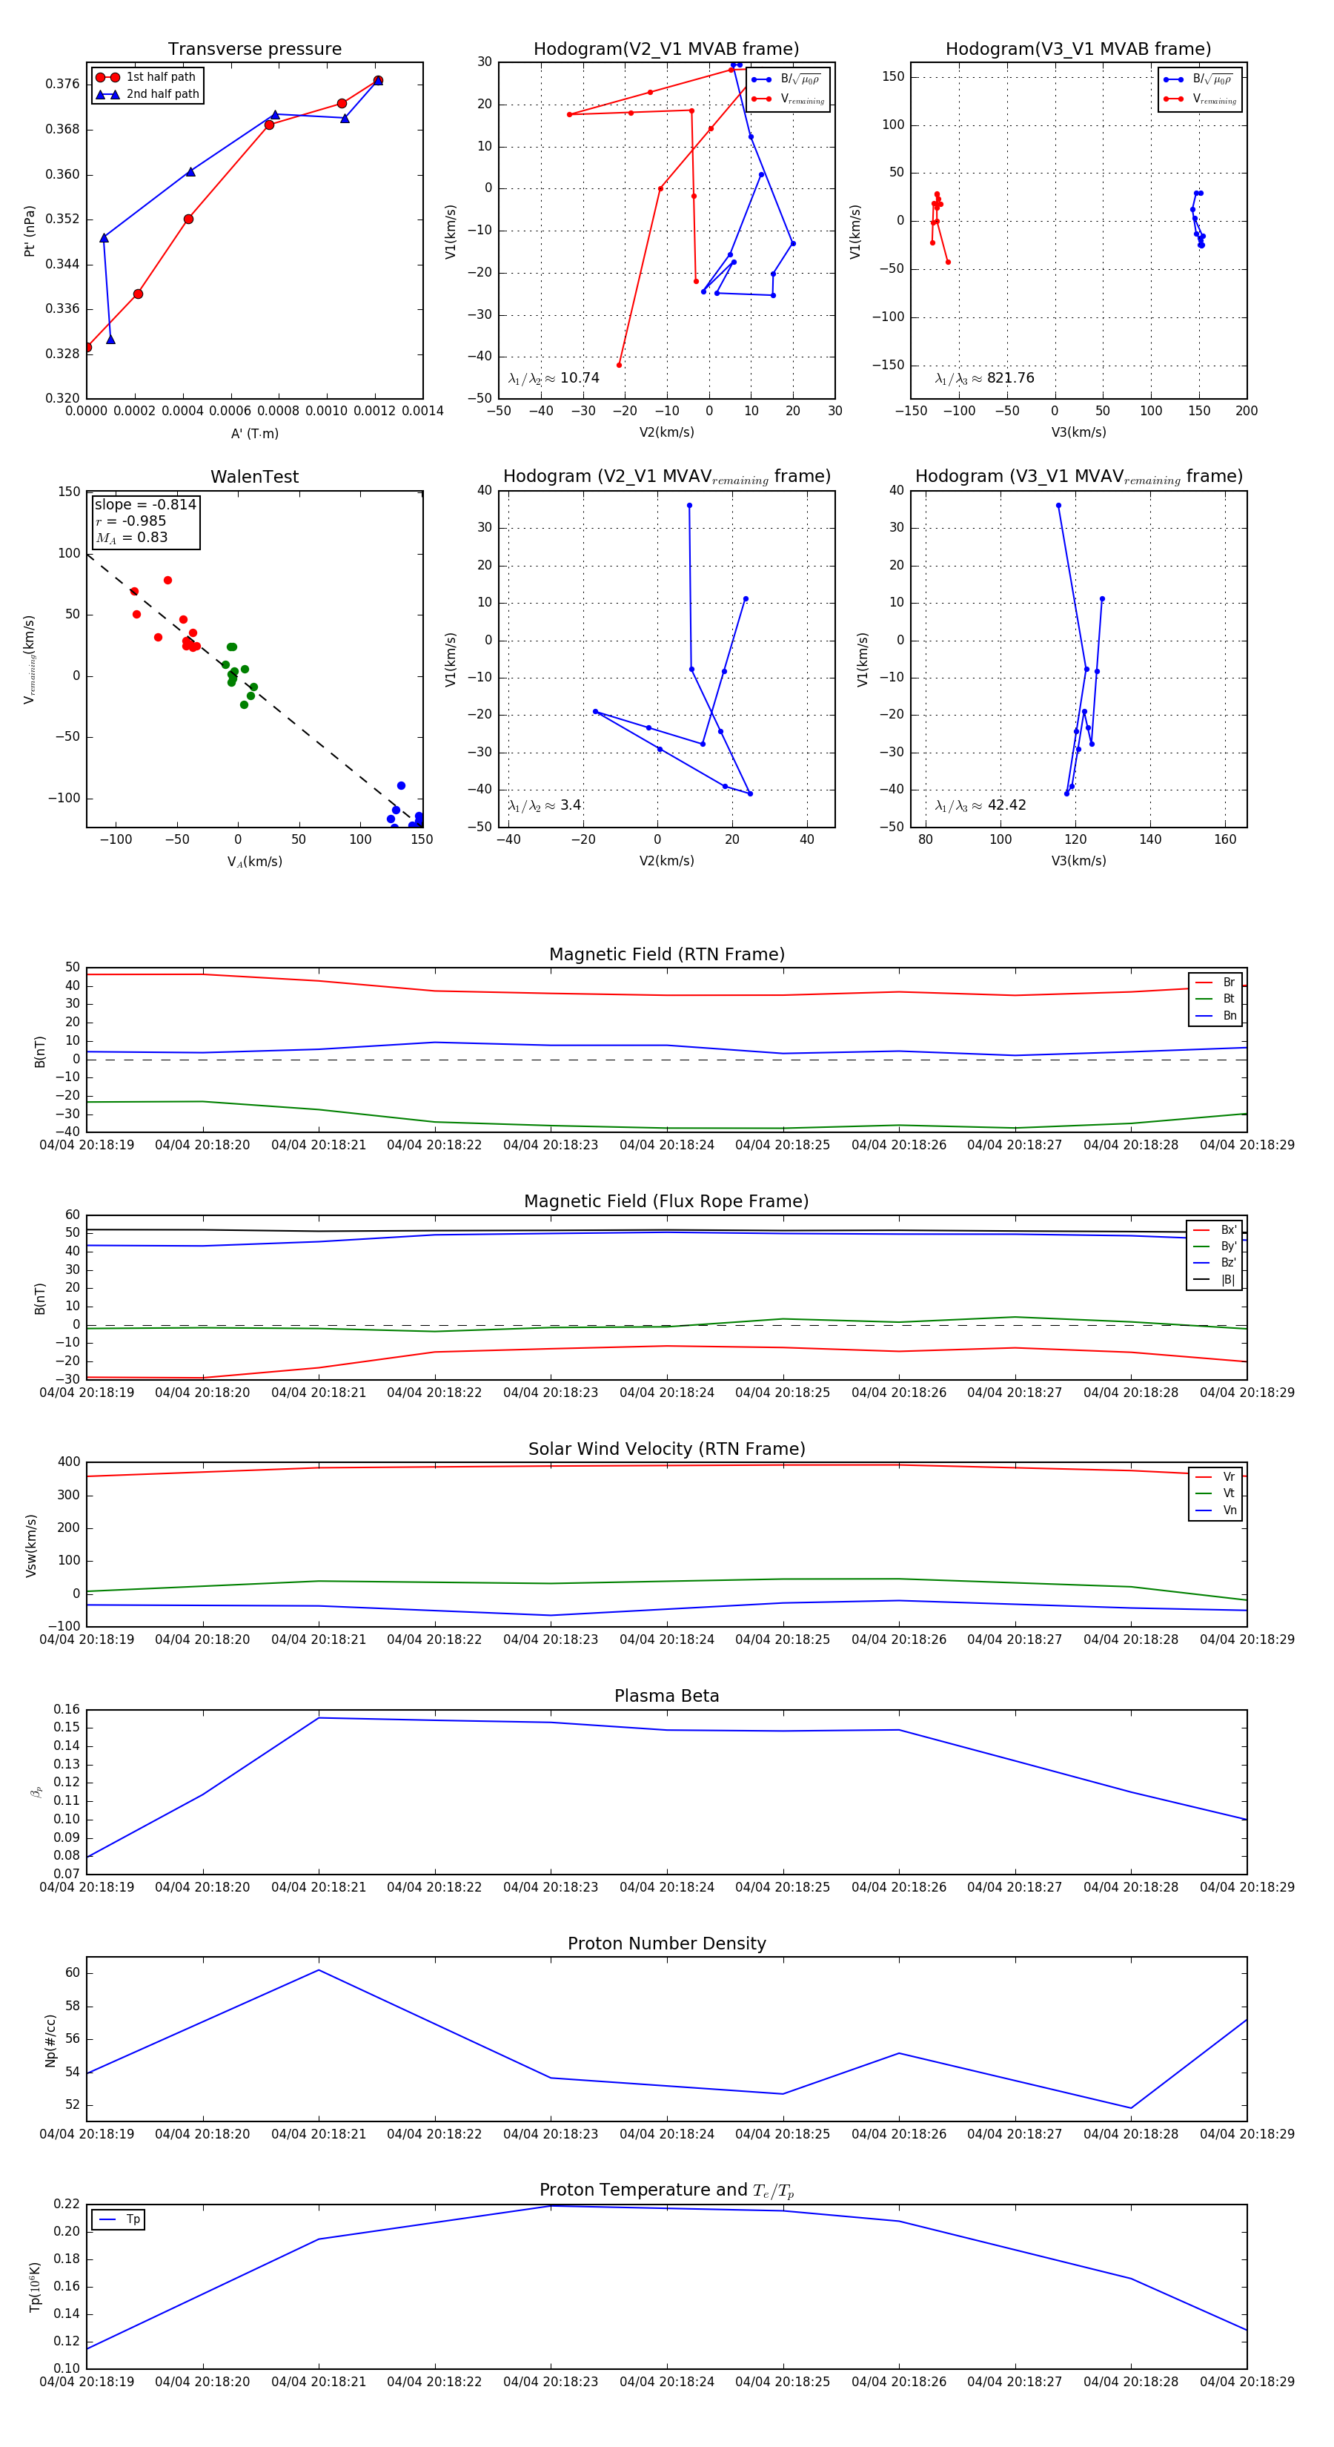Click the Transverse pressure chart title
[254, 50]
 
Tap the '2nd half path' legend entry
[162, 94]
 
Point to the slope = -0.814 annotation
[145, 504]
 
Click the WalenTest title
[254, 477]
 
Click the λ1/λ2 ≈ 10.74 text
[554, 378]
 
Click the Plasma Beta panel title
[666, 1696]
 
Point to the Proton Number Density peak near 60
[319, 1970]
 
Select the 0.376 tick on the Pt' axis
[63, 84]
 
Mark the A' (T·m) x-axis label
[254, 433]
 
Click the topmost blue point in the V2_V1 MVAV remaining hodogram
[689, 506]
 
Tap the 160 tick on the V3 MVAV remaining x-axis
[1225, 839]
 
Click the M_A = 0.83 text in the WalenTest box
[132, 538]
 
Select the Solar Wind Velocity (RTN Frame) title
[666, 1449]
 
